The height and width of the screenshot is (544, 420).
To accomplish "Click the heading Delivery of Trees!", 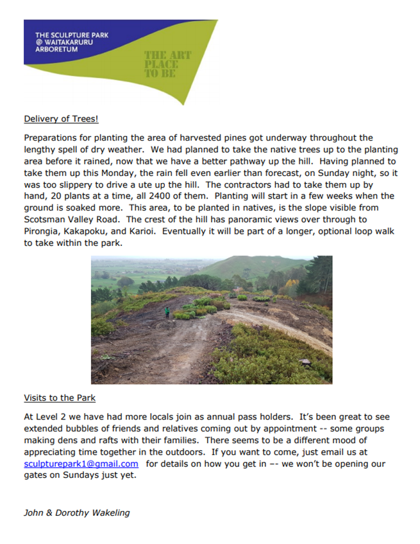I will point(62,119).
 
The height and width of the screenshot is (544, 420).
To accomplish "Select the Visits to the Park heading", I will point(60,398).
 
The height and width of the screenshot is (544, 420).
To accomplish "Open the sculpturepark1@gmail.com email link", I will point(81,464).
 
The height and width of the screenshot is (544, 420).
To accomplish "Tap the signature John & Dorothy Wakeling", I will point(76,513).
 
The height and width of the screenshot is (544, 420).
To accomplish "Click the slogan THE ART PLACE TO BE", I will point(167,63).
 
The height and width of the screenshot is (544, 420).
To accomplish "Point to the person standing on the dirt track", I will point(167,312).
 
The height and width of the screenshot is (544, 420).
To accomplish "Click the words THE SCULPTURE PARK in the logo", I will point(72,35).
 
